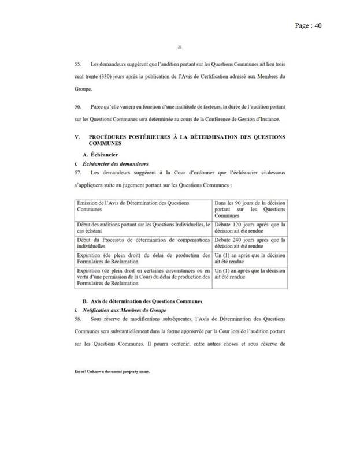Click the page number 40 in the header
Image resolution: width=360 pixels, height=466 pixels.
coord(317,25)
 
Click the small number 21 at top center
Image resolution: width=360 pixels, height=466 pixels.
coord(179,47)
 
